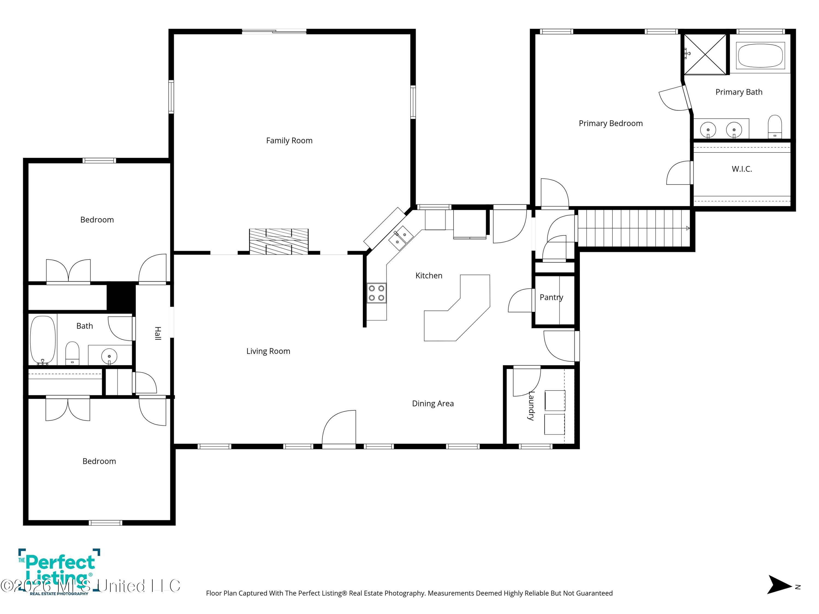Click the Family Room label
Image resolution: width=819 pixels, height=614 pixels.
pos(289,141)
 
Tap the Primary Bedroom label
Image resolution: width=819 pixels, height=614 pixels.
pos(610,124)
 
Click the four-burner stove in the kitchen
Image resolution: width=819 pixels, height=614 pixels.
pos(376,293)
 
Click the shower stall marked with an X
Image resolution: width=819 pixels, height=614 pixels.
pos(705,54)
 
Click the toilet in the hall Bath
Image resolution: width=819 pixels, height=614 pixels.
pos(72,353)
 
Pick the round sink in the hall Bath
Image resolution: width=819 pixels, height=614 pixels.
pos(109,356)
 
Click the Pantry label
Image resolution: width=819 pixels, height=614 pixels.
pos(551,297)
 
